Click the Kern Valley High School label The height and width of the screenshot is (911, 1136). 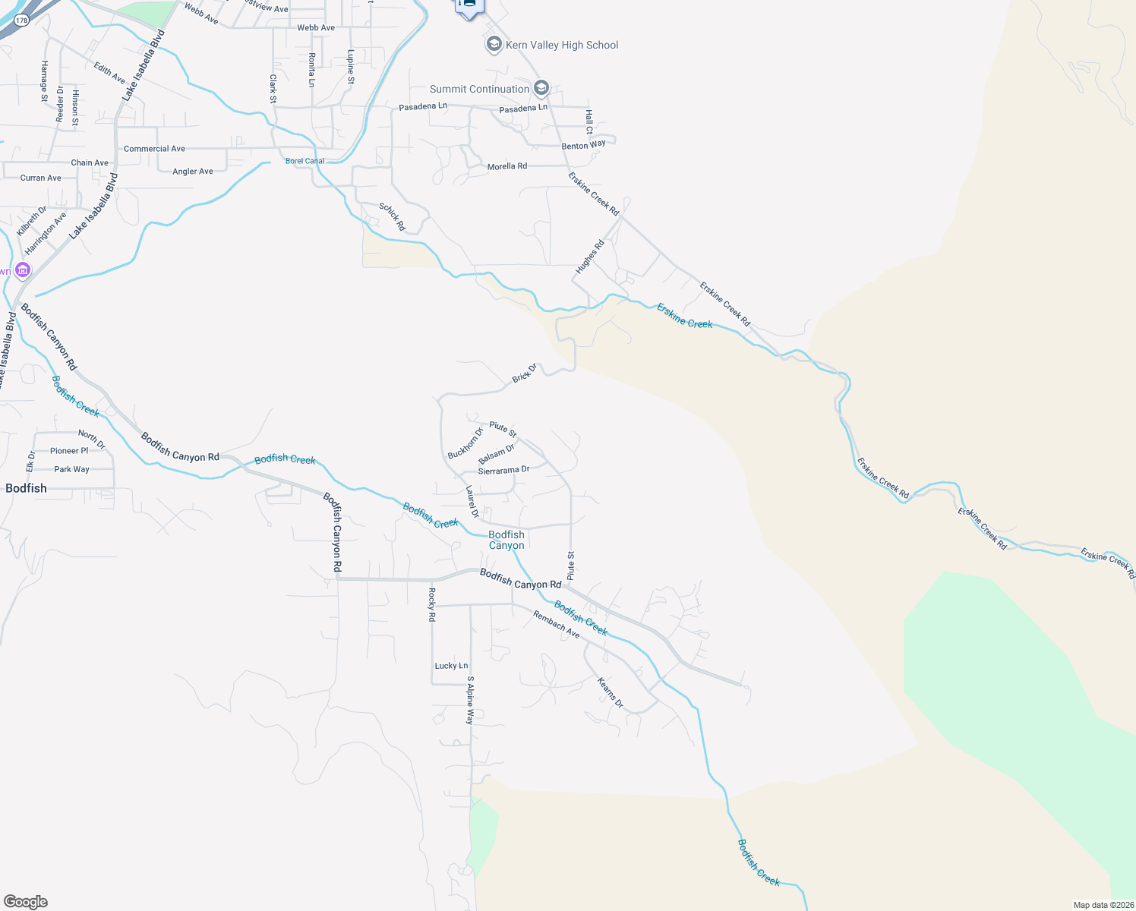562,46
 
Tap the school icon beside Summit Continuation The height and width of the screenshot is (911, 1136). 541,89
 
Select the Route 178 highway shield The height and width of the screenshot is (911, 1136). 21,20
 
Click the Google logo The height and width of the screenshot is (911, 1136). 26,902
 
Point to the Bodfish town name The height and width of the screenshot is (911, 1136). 26,488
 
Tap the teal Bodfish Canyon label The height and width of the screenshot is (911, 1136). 506,540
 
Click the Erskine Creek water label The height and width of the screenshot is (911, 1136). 685,316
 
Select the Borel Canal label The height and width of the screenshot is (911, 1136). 305,161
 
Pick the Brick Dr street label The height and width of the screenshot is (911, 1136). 524,373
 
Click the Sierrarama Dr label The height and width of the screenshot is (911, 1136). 503,471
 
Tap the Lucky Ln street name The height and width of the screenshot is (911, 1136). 451,666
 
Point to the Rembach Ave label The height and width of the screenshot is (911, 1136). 556,625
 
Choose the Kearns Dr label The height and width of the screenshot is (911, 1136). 610,693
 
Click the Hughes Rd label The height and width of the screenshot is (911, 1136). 589,257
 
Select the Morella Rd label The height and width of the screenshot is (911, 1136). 506,166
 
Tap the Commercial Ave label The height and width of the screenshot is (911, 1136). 154,149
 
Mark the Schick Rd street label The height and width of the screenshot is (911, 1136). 393,217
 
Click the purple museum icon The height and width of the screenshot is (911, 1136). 23,270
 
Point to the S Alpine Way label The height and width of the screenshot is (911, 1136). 470,700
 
